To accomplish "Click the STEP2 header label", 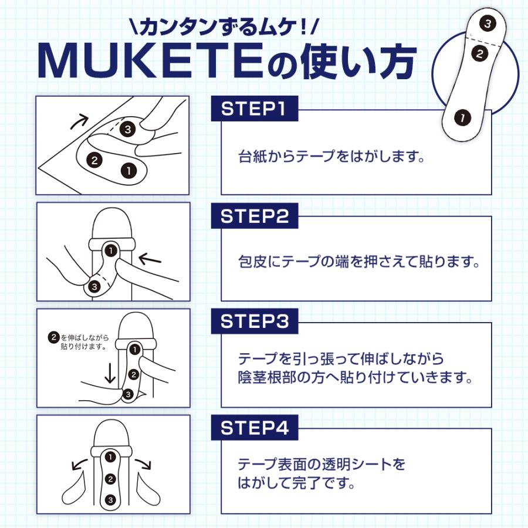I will pos(255,216).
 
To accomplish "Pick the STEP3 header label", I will pos(255,322).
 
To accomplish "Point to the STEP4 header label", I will pos(255,428).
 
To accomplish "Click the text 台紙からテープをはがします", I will pos(331,157).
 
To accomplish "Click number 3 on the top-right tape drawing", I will pos(486,24).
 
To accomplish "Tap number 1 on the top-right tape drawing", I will pos(463,117).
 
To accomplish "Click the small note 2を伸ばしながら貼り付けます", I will pos(77,341).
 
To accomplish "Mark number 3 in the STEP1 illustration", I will pos(128,129).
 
